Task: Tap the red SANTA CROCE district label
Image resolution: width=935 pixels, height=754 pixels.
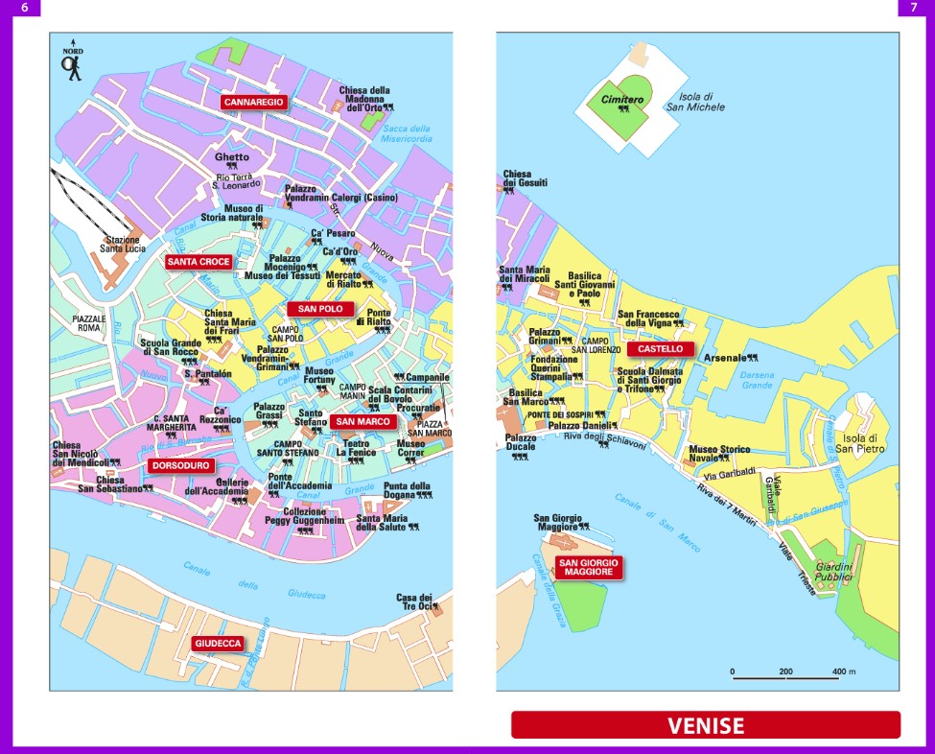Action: click(198, 261)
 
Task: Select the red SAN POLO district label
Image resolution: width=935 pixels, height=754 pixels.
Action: click(320, 309)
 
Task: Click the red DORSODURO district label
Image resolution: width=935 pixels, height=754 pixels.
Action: click(179, 466)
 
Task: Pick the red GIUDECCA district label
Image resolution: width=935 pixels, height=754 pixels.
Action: click(218, 643)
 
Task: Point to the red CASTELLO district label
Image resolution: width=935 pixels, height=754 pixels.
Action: click(661, 350)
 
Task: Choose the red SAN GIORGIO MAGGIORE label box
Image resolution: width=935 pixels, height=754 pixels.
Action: click(589, 567)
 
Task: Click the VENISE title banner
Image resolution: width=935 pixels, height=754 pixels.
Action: click(706, 725)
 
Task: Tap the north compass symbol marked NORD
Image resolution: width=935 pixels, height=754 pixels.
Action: click(72, 63)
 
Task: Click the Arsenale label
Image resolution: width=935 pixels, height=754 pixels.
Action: click(724, 358)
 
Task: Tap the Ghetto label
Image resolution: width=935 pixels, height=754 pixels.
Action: click(232, 157)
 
